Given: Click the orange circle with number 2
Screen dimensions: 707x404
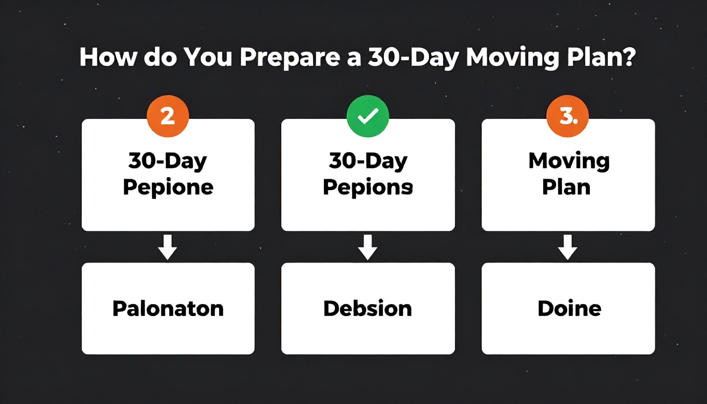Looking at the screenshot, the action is pyautogui.click(x=168, y=116).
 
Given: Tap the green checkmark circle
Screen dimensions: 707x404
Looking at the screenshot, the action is pyautogui.click(x=368, y=116).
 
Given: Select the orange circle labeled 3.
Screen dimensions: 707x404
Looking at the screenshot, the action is pyautogui.click(x=568, y=116).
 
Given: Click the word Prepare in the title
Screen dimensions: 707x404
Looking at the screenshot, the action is pyautogui.click(x=290, y=58).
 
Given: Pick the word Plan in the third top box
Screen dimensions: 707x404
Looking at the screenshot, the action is pyautogui.click(x=566, y=187).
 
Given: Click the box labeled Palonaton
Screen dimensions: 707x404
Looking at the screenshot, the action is pyautogui.click(x=168, y=309).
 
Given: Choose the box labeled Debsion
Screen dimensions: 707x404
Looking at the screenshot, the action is pyautogui.click(x=368, y=309).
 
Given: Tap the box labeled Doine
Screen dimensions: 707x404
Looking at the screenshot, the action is pyautogui.click(x=568, y=309).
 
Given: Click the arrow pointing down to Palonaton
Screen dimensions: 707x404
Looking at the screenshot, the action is pyautogui.click(x=167, y=247).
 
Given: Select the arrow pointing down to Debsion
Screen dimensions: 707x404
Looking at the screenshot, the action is pyautogui.click(x=368, y=247).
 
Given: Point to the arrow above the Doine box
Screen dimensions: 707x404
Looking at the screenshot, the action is pyautogui.click(x=568, y=247).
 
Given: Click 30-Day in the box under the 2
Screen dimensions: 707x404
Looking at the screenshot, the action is pyautogui.click(x=168, y=161).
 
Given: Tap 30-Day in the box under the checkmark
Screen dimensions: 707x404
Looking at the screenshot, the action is pyautogui.click(x=368, y=161).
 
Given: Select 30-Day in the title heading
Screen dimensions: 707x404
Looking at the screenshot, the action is pyautogui.click(x=413, y=58).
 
